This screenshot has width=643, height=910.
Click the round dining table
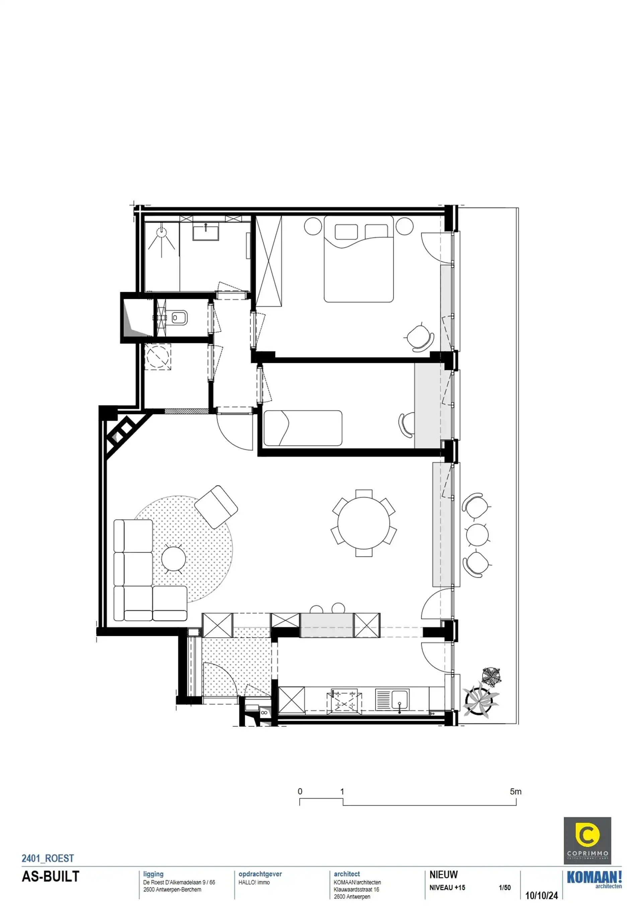pyautogui.click(x=363, y=523)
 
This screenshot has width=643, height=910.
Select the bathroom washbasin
pyautogui.click(x=206, y=232)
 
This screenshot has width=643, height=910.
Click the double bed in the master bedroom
pyautogui.click(x=359, y=260)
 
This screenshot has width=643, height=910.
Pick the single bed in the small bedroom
pyautogui.click(x=303, y=428)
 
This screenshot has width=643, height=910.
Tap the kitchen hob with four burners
pyautogui.click(x=344, y=701)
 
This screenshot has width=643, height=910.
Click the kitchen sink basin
pyautogui.click(x=400, y=699)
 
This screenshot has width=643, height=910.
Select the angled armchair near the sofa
pyautogui.click(x=216, y=507)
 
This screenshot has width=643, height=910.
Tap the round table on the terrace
pyautogui.click(x=477, y=535)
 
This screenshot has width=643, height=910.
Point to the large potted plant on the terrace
pyautogui.click(x=481, y=700)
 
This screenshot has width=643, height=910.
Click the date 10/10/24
pyautogui.click(x=541, y=895)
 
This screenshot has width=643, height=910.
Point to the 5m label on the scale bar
pyautogui.click(x=515, y=791)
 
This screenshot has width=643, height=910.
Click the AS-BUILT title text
pyautogui.click(x=50, y=876)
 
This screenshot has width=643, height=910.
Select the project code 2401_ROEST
pyautogui.click(x=48, y=858)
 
